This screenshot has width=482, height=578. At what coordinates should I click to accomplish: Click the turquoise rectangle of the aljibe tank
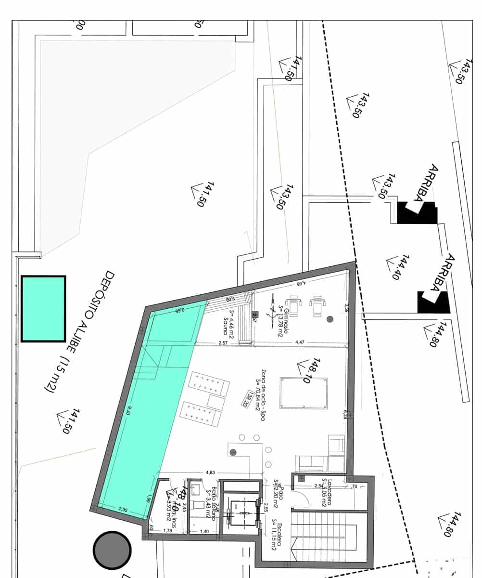[43, 309]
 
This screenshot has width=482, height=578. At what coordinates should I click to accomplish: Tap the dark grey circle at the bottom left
[112, 550]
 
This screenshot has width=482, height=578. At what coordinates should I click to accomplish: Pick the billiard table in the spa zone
[304, 393]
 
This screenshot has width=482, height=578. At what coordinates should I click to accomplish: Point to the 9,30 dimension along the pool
[128, 410]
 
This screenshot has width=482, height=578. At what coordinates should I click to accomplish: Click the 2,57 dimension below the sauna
[223, 342]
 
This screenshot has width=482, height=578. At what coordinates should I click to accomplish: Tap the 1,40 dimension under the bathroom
[204, 531]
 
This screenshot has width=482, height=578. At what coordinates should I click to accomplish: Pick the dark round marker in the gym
[330, 318]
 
